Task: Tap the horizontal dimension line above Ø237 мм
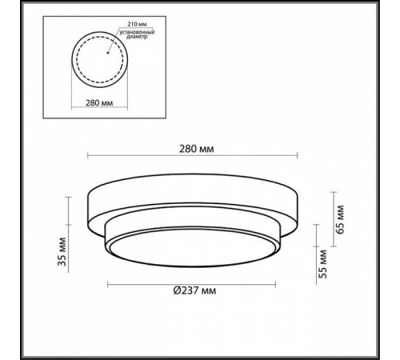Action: pos(192,284)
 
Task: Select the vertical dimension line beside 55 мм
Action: pos(314,261)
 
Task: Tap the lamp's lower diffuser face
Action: pos(193,252)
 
